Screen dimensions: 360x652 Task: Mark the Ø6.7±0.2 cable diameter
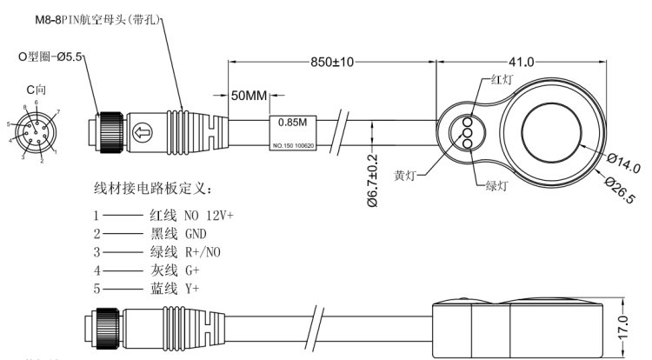(371, 180)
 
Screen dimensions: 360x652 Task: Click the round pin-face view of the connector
(36, 131)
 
